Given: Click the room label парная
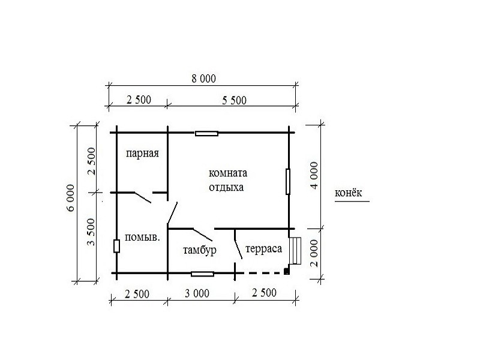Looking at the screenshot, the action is (142, 154).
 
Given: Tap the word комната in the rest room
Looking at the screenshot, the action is (228, 173).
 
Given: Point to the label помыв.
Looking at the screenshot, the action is (142, 237).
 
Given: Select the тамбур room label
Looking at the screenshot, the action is (200, 250).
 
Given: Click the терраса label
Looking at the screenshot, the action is (263, 248).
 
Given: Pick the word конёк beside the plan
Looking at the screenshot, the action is (349, 193).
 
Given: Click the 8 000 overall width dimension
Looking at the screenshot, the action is (203, 79).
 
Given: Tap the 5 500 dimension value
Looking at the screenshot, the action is (234, 100).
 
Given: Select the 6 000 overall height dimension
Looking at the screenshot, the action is (70, 198).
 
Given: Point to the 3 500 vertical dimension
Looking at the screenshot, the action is (91, 232).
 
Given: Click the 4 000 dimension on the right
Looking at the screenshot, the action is (314, 176).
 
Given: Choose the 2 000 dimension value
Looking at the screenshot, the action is (314, 253).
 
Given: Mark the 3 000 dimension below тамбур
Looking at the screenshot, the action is (197, 293).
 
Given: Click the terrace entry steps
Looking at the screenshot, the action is (295, 251).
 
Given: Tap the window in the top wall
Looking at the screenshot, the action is (206, 133).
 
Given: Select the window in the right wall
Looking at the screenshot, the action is (288, 182).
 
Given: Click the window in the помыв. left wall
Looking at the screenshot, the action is (116, 246).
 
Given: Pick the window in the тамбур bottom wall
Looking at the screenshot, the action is (202, 274).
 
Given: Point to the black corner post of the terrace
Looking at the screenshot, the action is (287, 271).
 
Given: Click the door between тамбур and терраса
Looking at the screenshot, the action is (238, 244).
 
